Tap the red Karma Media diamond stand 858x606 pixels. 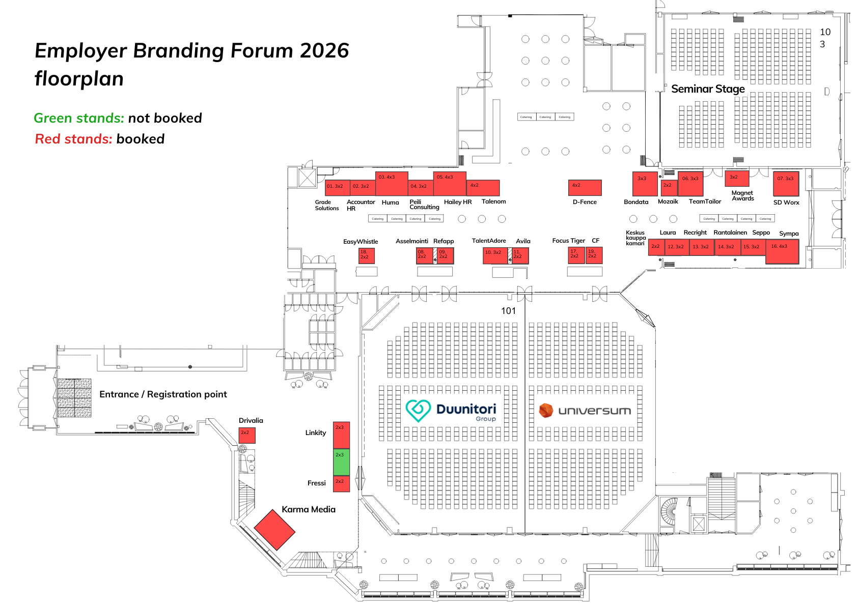(274, 529)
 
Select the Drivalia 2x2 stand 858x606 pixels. (247, 436)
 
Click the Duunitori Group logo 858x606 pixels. (451, 411)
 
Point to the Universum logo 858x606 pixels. (585, 411)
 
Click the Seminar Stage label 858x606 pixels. (708, 89)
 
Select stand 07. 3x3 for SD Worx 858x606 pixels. (786, 184)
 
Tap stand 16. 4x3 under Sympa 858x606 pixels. (782, 252)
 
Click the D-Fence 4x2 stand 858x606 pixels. (585, 188)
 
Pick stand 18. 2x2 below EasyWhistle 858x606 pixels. (367, 255)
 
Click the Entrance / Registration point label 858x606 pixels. (163, 394)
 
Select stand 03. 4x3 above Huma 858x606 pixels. (392, 184)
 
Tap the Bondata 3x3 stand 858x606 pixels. (645, 184)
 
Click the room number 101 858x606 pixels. (508, 311)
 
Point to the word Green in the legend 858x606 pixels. (52, 118)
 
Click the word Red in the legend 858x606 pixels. (48, 139)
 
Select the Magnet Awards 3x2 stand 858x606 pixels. (737, 179)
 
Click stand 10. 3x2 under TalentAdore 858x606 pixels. (495, 256)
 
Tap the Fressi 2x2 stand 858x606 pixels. (341, 484)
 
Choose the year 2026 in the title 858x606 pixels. (324, 51)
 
